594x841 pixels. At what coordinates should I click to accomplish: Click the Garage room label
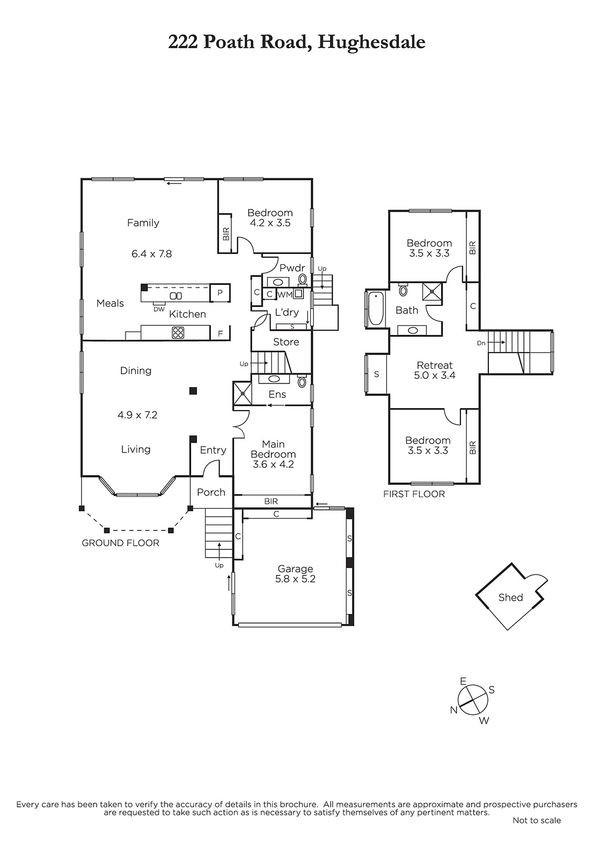coord(295,569)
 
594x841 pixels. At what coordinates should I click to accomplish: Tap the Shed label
coord(510,597)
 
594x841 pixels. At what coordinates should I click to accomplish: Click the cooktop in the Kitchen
coord(178,333)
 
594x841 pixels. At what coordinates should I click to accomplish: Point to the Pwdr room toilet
coord(303,279)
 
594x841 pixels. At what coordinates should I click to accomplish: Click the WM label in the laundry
coord(284,295)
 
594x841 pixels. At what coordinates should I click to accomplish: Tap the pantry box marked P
coord(220,293)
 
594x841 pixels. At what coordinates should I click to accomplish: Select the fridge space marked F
coord(220,333)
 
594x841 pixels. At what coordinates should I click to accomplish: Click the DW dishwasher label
coord(159,310)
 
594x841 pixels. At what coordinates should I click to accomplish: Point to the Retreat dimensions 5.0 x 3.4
coord(434,375)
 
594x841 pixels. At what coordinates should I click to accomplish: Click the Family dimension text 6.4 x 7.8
coord(151,254)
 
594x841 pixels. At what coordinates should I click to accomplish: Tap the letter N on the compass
coord(454,710)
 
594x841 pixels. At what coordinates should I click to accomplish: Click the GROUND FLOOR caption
coord(120,543)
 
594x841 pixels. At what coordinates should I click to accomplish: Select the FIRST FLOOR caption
coord(414,494)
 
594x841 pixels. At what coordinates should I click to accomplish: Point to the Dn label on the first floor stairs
coord(481,343)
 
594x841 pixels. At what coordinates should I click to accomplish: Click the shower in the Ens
coord(242,393)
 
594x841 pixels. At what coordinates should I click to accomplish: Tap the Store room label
coord(286,342)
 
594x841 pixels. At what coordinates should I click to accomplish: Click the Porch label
coord(211,492)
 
